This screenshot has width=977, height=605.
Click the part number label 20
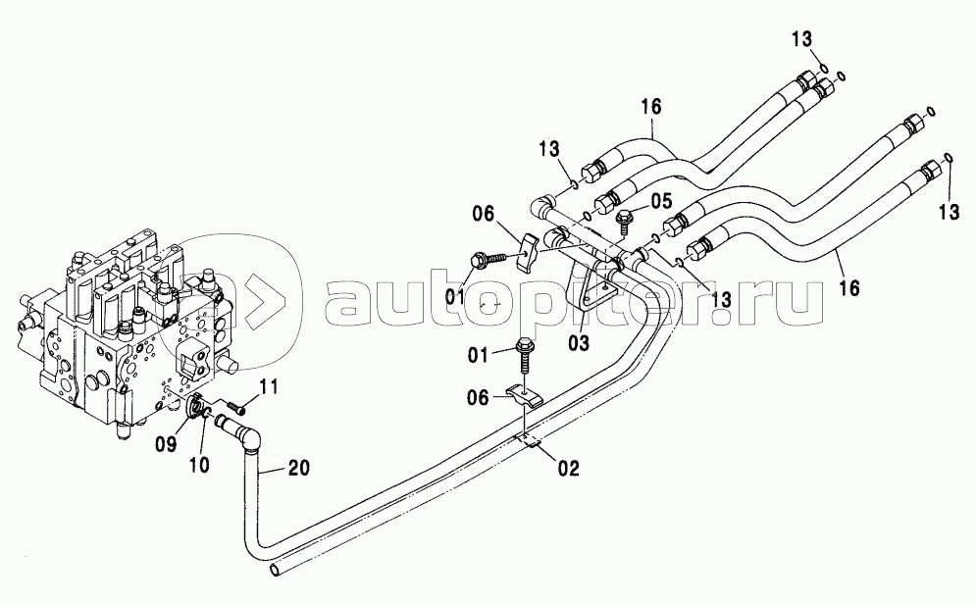click(x=300, y=468)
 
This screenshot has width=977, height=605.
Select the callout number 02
click(x=569, y=468)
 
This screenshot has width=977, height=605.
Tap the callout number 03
click(x=578, y=342)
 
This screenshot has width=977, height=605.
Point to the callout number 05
click(x=662, y=201)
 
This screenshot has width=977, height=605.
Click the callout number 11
click(x=268, y=387)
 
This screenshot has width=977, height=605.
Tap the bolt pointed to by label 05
click(x=624, y=223)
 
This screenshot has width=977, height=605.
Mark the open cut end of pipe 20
click(x=274, y=569)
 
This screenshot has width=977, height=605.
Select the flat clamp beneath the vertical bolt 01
click(x=523, y=395)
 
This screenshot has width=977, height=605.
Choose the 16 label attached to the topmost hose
click(x=651, y=108)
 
